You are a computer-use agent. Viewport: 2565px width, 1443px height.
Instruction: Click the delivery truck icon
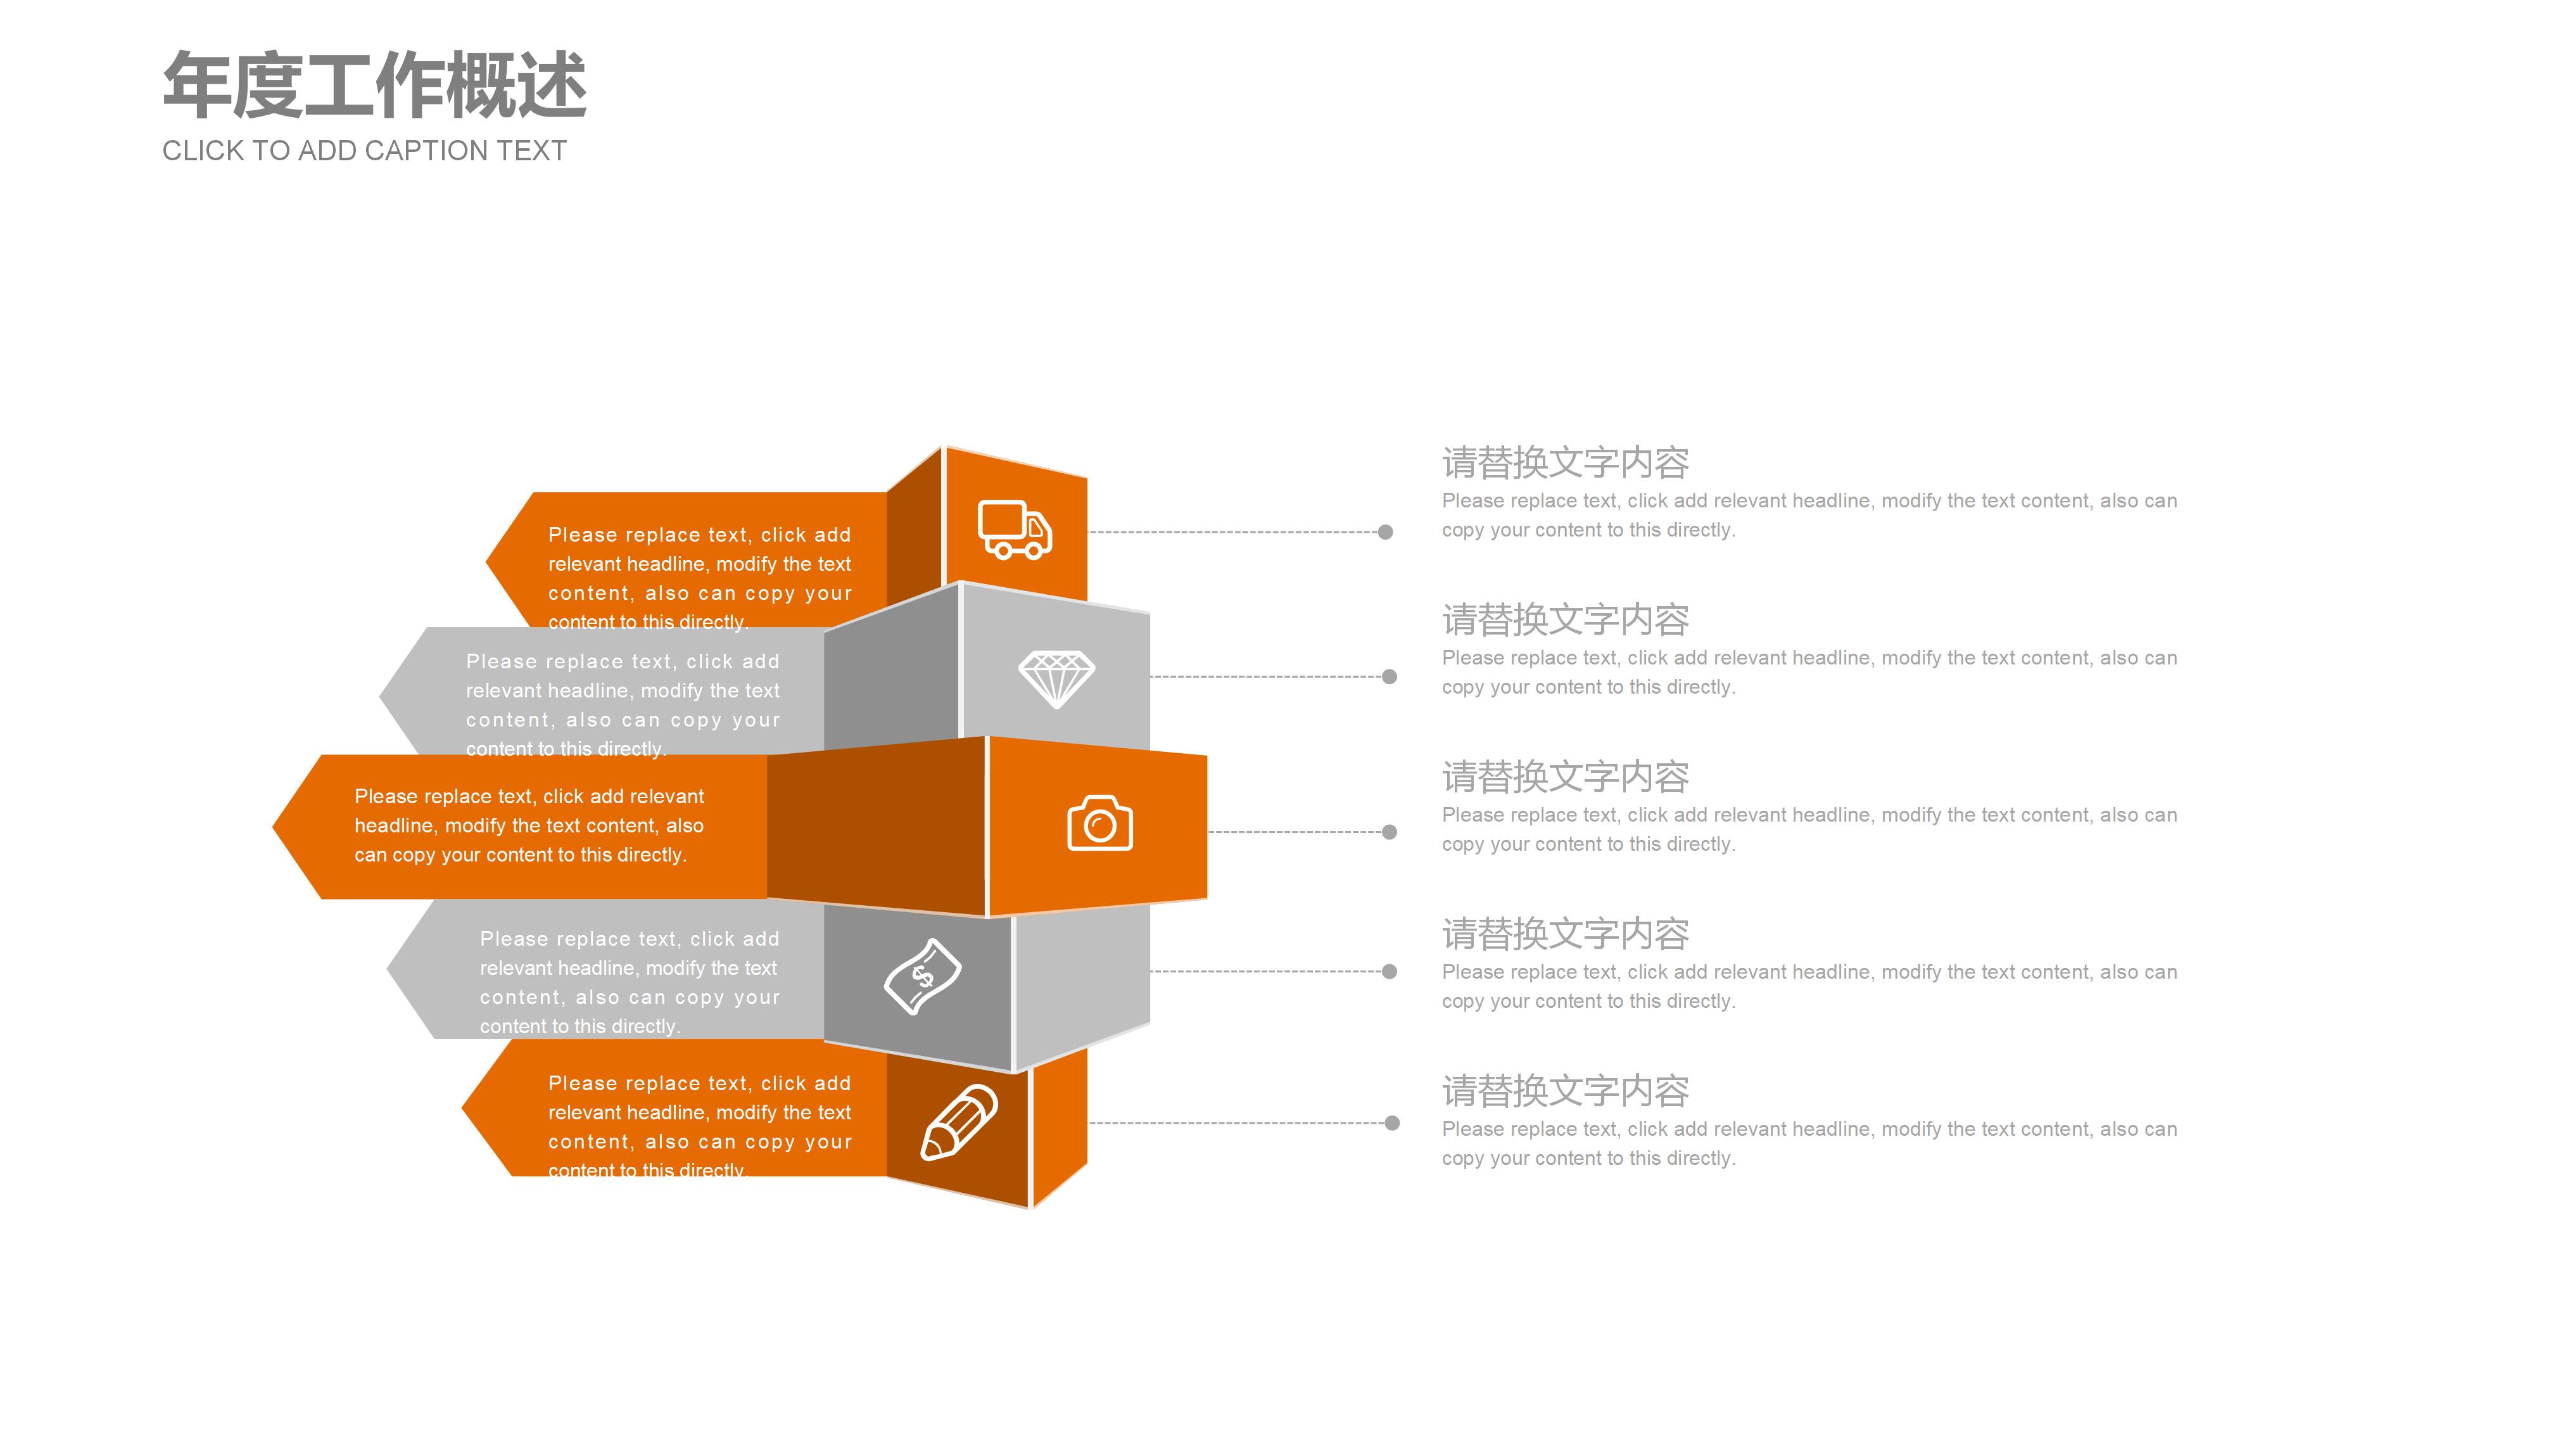point(1014,529)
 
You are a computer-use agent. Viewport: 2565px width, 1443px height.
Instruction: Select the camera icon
point(1099,823)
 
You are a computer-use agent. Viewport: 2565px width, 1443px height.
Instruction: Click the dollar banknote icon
point(922,976)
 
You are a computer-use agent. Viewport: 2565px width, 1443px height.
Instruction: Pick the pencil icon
point(958,1122)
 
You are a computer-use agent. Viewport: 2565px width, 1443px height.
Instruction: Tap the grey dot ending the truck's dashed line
point(1385,532)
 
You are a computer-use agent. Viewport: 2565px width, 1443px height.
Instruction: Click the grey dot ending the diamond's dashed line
point(1389,677)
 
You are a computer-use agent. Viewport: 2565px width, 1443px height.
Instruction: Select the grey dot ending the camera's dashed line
point(1389,832)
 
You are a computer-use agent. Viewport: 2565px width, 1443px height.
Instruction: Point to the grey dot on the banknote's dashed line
point(1389,971)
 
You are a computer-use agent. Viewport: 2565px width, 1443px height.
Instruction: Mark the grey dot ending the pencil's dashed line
point(1392,1123)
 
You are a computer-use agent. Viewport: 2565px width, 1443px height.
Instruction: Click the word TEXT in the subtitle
point(532,150)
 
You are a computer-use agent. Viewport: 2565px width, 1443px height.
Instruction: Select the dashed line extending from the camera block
point(1295,832)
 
